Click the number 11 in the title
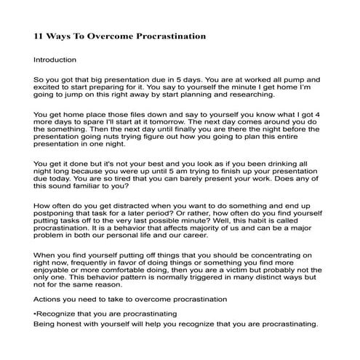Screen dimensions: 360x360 [40, 35]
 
